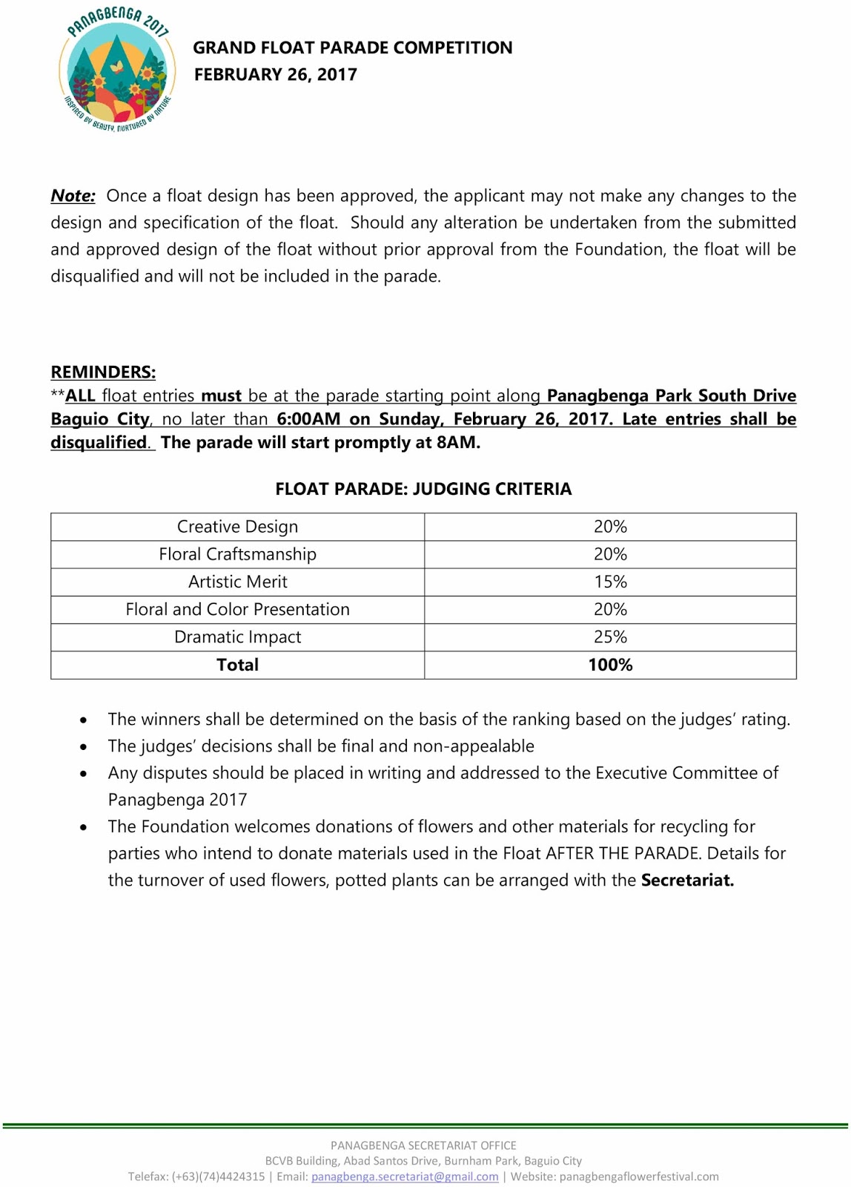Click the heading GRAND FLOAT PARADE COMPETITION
(352, 47)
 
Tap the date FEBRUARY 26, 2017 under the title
(275, 74)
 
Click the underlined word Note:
(73, 196)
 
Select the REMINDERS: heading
(103, 372)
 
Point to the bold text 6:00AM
(308, 419)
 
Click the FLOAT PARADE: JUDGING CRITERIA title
(423, 489)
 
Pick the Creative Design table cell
(237, 527)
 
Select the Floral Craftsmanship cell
(237, 554)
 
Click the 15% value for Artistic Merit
(610, 582)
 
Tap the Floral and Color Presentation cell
(237, 609)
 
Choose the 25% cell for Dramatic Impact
(610, 637)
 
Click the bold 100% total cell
(610, 665)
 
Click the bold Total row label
(237, 665)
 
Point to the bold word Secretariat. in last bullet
(687, 881)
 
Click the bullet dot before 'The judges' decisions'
(84, 747)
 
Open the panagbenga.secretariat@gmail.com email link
(405, 1177)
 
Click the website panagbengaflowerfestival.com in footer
(639, 1177)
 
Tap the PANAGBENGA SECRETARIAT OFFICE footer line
(423, 1145)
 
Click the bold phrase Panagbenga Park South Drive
(671, 395)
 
